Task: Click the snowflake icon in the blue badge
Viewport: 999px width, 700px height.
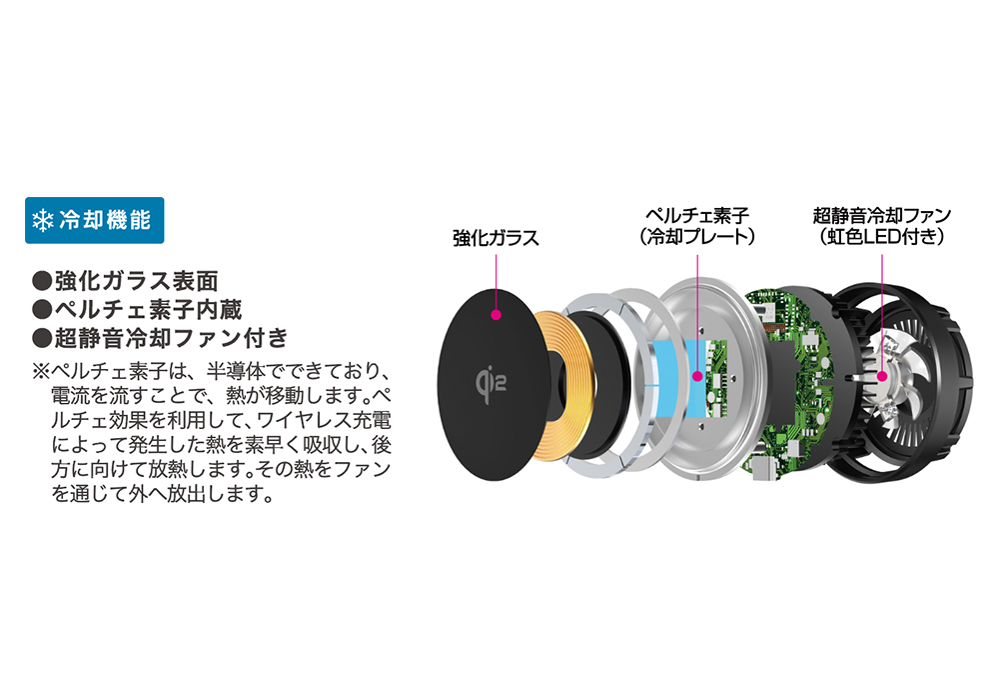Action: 43,221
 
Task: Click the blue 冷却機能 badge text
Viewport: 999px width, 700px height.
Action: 105,221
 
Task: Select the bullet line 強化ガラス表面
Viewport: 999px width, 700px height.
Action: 125,281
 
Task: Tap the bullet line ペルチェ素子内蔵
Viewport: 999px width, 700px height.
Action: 137,309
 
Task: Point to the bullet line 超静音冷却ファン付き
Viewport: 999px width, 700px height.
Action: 160,338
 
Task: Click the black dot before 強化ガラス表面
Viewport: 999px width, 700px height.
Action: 42,281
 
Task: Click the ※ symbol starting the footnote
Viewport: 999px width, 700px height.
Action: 41,372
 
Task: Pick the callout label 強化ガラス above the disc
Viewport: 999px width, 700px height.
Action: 496,238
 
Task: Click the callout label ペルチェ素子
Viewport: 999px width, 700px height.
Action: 697,215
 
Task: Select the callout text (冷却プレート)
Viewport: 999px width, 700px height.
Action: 697,237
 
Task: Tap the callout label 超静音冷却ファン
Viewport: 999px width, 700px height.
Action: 882,215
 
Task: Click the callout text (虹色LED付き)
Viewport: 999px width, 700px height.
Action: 882,237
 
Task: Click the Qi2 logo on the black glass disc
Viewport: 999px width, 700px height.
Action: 491,384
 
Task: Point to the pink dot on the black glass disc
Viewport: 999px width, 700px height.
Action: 497,314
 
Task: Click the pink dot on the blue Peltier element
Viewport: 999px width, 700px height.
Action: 697,376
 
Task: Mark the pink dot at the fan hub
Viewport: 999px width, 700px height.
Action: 882,376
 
